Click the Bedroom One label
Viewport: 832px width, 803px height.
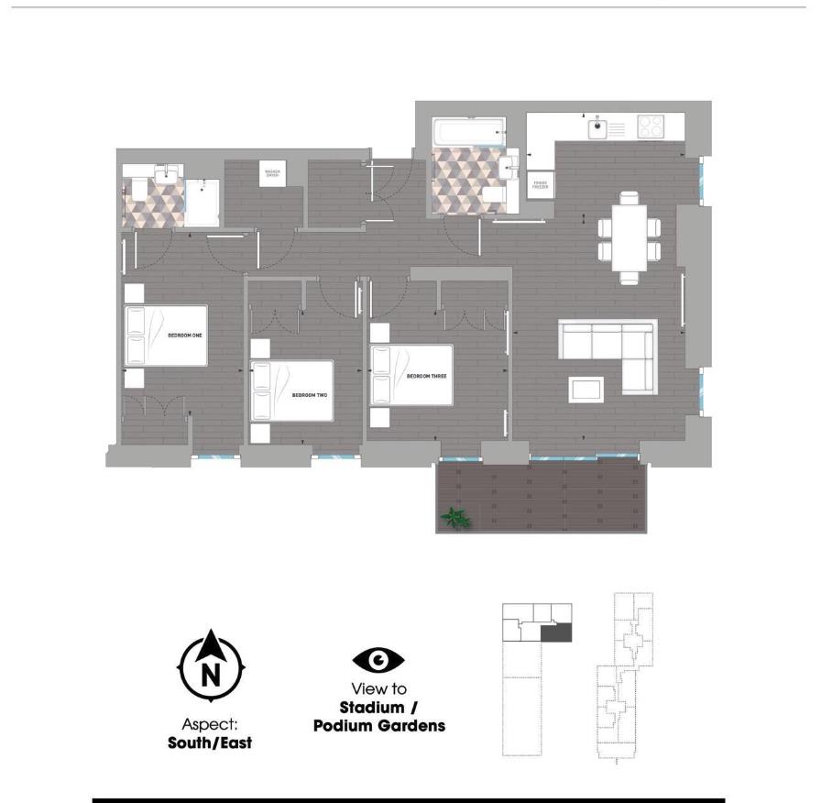pos(184,335)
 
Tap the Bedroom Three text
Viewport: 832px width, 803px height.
pos(426,376)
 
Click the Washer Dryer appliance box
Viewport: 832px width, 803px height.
pos(272,173)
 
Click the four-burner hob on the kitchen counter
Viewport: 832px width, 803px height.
pos(651,126)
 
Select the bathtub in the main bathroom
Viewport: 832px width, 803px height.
pos(467,132)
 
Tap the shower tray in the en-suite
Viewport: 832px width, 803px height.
pos(203,202)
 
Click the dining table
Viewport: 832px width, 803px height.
pos(628,236)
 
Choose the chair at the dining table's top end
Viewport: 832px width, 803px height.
pos(628,197)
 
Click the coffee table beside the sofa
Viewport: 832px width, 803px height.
pos(586,389)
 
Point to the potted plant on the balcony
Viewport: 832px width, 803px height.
pos(456,519)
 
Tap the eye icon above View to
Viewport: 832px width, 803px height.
pos(378,660)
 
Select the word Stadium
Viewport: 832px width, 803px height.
pos(371,708)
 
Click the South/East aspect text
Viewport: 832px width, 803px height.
pos(210,742)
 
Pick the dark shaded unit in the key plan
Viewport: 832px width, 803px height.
pos(556,632)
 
